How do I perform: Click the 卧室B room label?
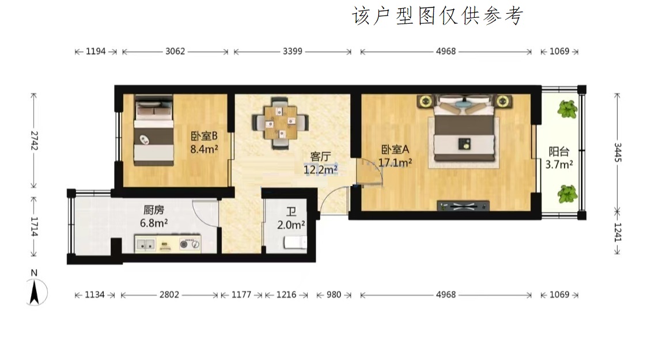(x=204, y=136)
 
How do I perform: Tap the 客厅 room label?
(x=320, y=157)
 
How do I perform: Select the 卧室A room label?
(x=395, y=150)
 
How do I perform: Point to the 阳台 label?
(x=559, y=151)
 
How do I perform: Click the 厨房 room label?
(x=154, y=210)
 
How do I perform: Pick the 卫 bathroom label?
(x=291, y=212)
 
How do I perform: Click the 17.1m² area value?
(x=395, y=162)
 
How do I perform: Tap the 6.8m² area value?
(x=154, y=223)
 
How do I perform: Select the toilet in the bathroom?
(x=296, y=242)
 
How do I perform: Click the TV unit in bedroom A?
(x=463, y=206)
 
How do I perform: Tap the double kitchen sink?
(x=145, y=244)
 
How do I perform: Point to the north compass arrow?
(x=35, y=292)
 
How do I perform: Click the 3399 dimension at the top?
(x=293, y=51)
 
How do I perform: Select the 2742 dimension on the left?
(x=34, y=141)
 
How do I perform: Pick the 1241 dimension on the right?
(x=618, y=232)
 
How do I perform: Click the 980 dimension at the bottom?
(x=334, y=295)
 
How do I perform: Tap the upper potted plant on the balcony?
(x=567, y=109)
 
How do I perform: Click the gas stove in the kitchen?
(x=190, y=244)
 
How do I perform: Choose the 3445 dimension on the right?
(x=618, y=152)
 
